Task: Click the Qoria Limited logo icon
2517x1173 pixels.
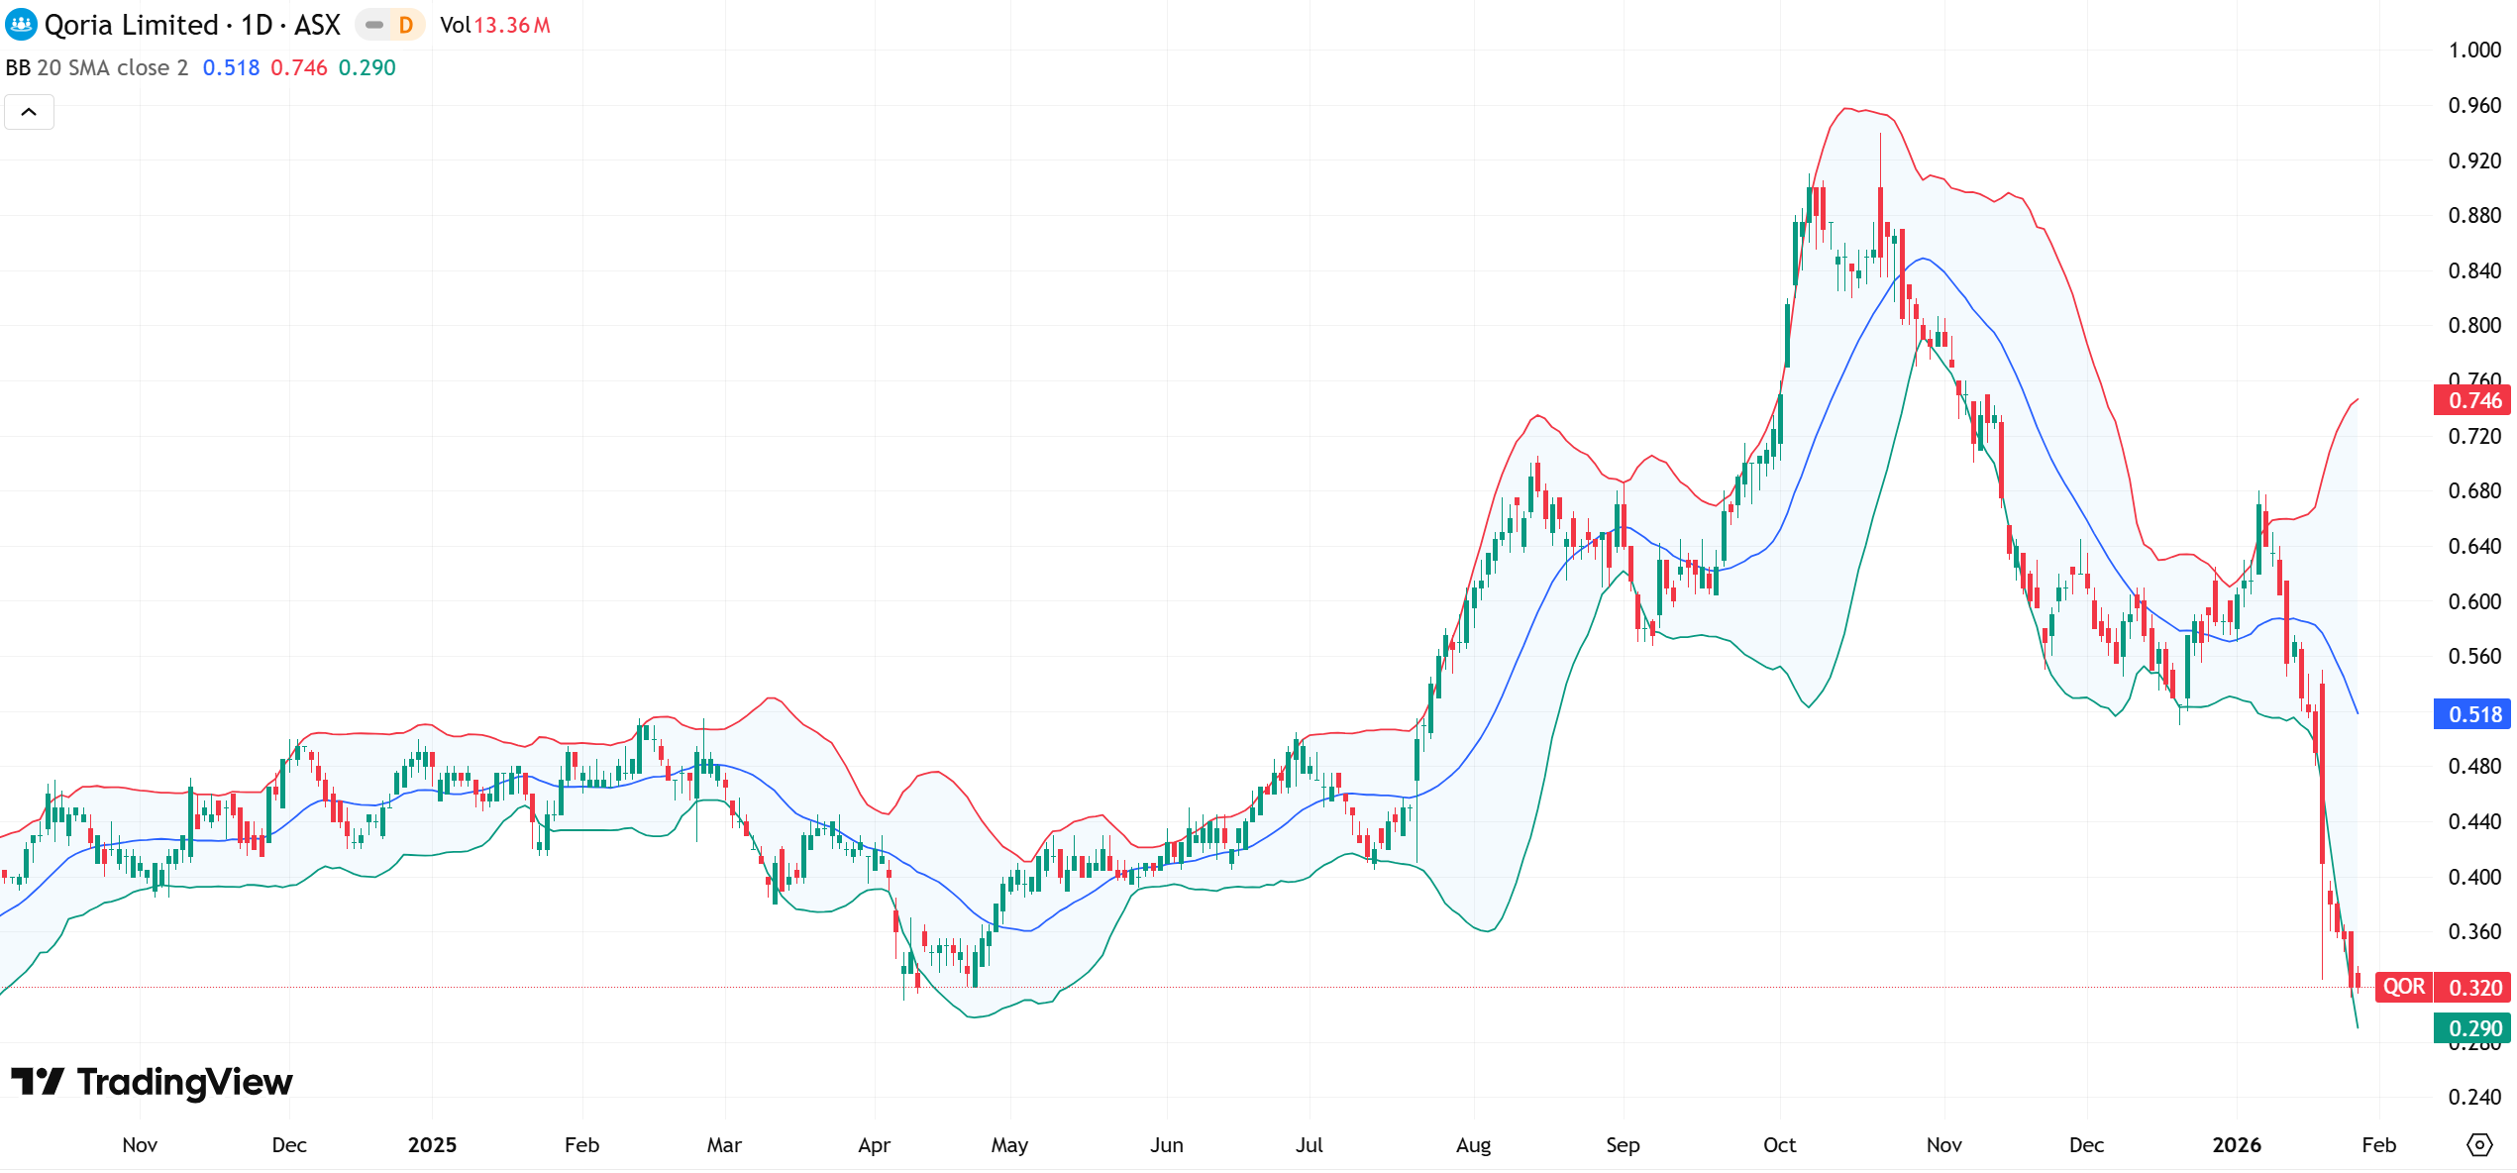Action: point(21,25)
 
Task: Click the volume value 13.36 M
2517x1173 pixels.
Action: point(512,26)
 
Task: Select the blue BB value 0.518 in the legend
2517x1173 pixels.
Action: point(231,67)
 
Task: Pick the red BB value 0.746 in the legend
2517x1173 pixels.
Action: point(298,67)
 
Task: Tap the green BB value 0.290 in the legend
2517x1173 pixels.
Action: point(367,67)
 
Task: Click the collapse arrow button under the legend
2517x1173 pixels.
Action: point(29,112)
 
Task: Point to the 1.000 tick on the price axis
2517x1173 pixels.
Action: point(2473,51)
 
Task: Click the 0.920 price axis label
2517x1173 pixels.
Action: point(2473,160)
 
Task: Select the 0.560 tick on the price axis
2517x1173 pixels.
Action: point(2473,656)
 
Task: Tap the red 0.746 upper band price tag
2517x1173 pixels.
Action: point(2473,400)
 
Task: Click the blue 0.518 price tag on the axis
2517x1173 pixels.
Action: point(2473,714)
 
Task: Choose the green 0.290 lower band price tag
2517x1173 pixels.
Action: point(2473,1028)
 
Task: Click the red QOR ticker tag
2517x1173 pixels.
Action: point(2403,987)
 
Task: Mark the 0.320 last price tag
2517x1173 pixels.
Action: point(2474,988)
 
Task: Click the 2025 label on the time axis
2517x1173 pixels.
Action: point(432,1145)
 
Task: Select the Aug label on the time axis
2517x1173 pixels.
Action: point(1473,1145)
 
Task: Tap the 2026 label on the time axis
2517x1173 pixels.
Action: point(2236,1145)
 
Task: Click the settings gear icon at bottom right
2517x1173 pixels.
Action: point(2478,1145)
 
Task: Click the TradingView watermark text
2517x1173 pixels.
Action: point(184,1082)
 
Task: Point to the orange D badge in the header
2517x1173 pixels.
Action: point(405,26)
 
